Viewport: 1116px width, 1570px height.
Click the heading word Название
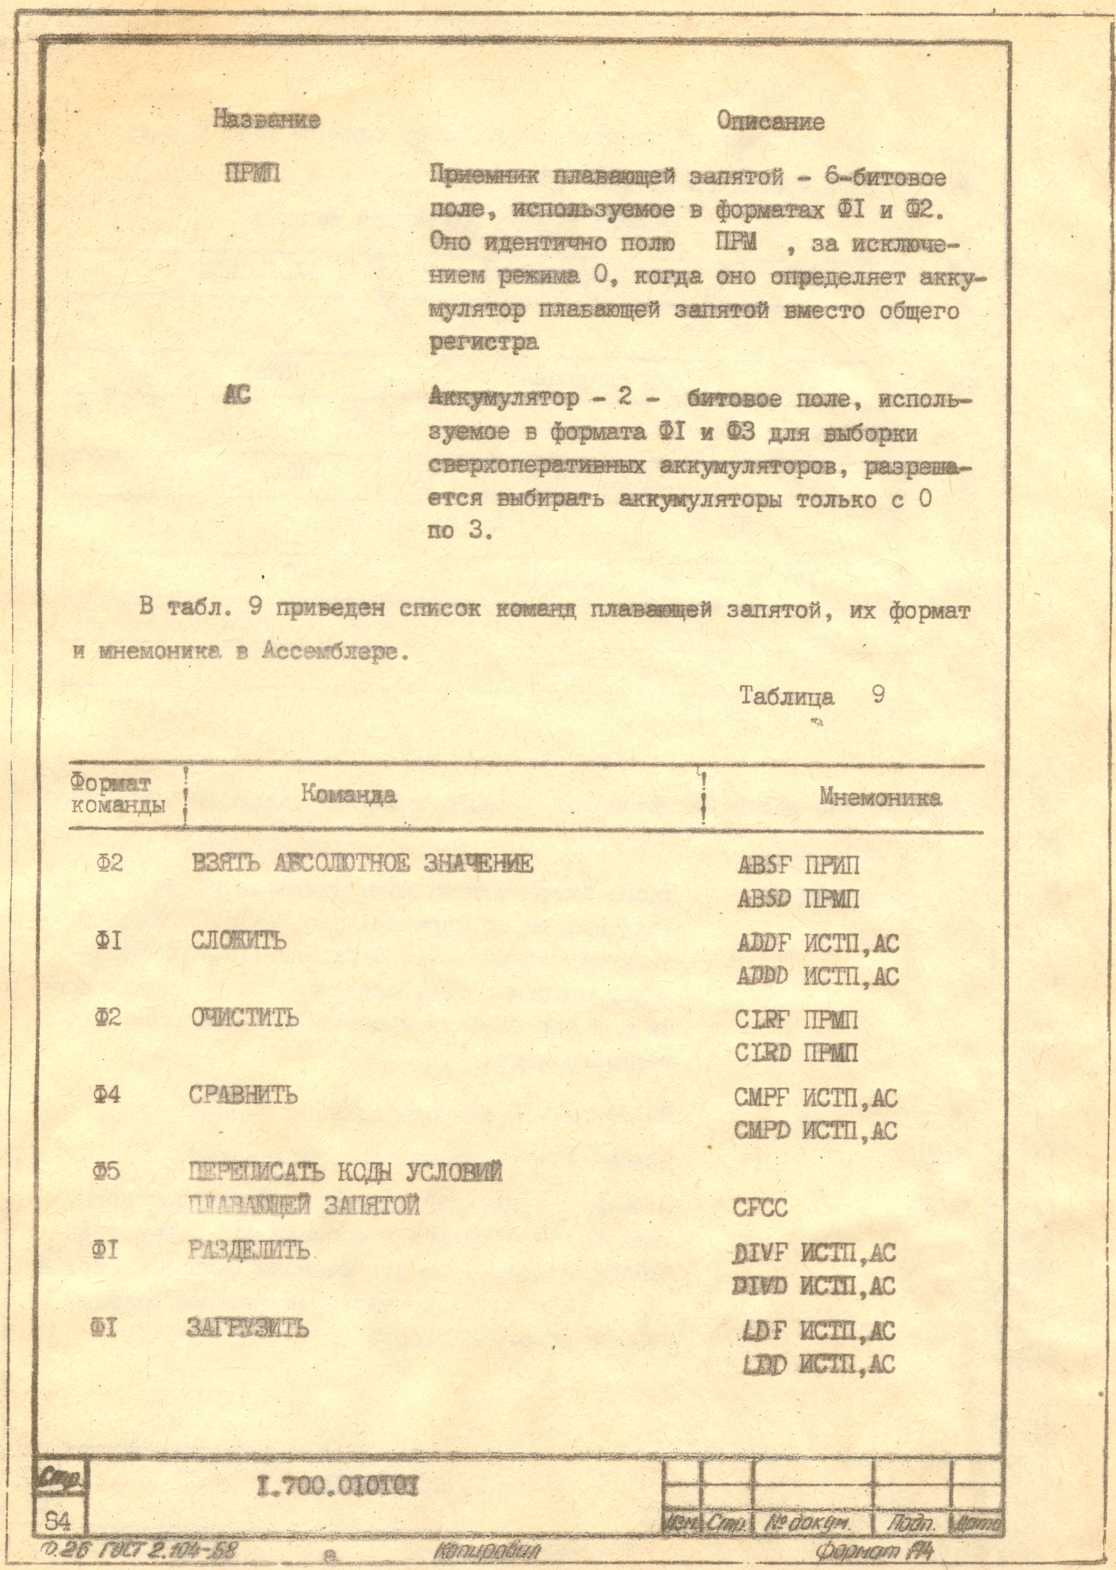coord(267,120)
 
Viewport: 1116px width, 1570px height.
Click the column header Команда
coord(348,795)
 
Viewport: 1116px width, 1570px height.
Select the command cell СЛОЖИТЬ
coord(238,941)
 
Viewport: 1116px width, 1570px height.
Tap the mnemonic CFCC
coord(760,1208)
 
